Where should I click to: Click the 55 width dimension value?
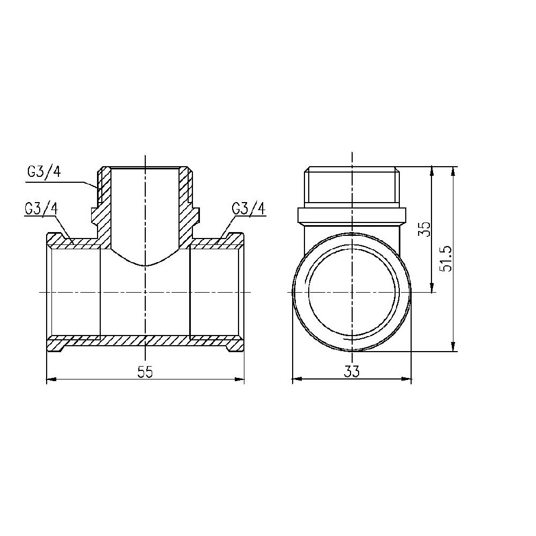coord(145,372)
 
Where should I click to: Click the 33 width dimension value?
coord(352,371)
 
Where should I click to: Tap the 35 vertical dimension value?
coord(425,229)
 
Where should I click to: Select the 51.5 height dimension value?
coord(446,259)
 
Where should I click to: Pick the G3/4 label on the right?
coord(249,209)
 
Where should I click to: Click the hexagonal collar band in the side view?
coord(351,215)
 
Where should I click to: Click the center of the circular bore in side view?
coord(352,292)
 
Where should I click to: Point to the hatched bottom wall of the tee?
coord(145,340)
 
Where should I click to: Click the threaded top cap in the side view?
coord(351,187)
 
